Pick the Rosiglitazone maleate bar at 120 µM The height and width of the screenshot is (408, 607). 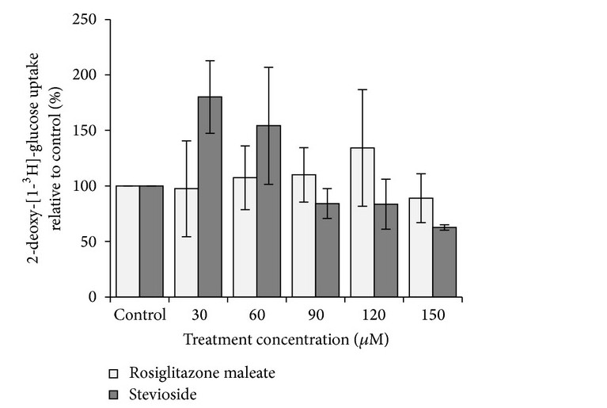(x=362, y=223)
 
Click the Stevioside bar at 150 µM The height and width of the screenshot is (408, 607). (x=445, y=262)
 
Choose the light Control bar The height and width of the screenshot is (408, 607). (x=127, y=242)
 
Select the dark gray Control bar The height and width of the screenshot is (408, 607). (x=151, y=242)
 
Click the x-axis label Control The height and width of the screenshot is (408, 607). (x=139, y=314)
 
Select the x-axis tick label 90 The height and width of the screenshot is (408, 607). (x=315, y=314)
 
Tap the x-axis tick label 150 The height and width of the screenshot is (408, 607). (x=433, y=314)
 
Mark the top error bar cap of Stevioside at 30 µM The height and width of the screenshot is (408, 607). (x=210, y=61)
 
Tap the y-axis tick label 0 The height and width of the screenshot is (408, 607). (x=93, y=297)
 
